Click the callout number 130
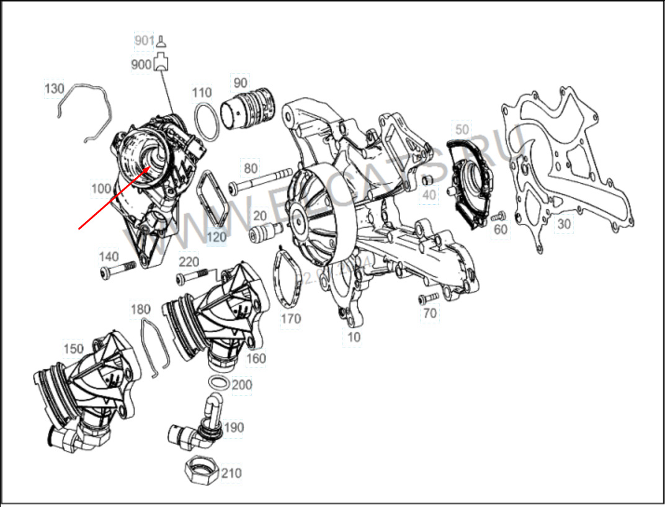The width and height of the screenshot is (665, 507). coord(54,89)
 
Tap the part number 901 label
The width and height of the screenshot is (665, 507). coord(144,42)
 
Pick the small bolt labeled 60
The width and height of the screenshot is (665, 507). coord(497,217)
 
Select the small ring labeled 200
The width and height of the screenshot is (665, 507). coord(218,382)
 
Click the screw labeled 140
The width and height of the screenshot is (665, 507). coord(117,269)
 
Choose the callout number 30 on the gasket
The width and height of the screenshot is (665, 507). coord(563,224)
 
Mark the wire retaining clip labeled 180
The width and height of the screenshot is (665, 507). coord(154,344)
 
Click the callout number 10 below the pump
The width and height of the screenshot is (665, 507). coord(353,338)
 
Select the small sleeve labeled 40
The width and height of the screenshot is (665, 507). coord(427,180)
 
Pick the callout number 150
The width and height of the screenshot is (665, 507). coord(73,349)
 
